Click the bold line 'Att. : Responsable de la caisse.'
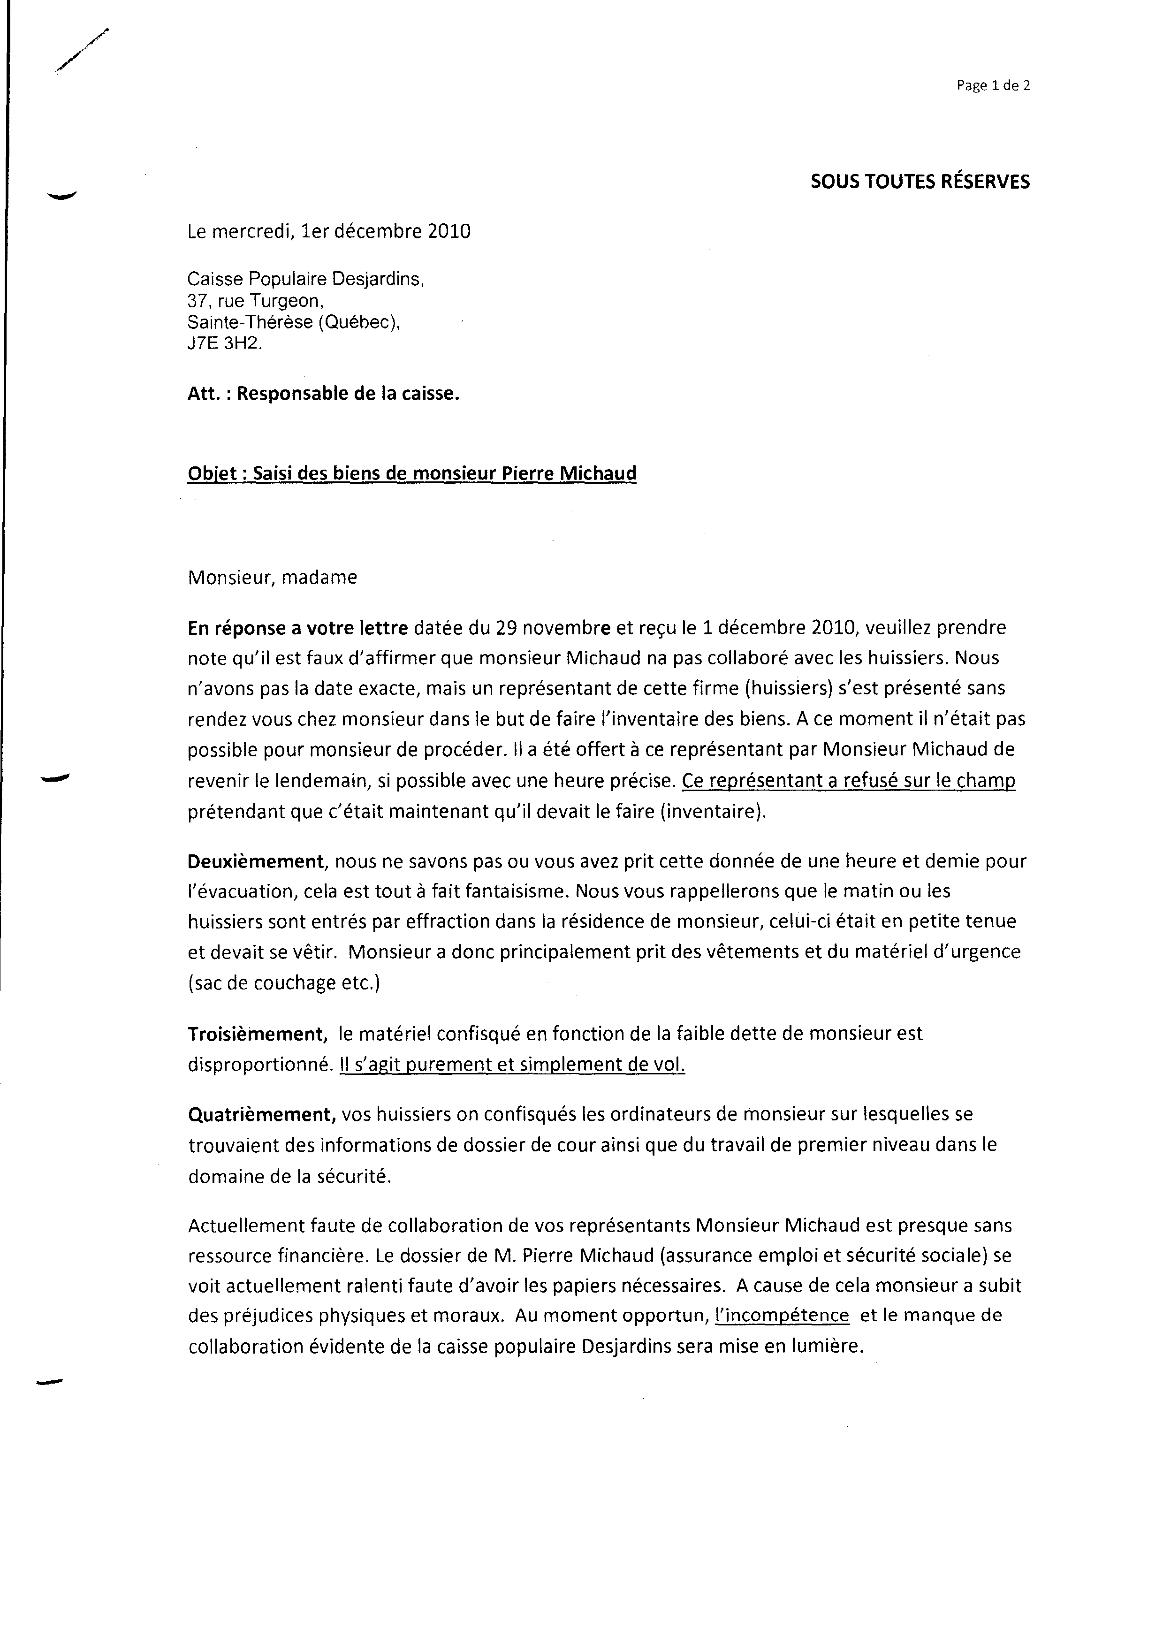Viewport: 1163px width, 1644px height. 323,394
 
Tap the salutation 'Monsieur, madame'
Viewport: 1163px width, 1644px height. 272,577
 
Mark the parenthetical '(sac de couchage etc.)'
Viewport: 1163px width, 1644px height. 283,982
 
